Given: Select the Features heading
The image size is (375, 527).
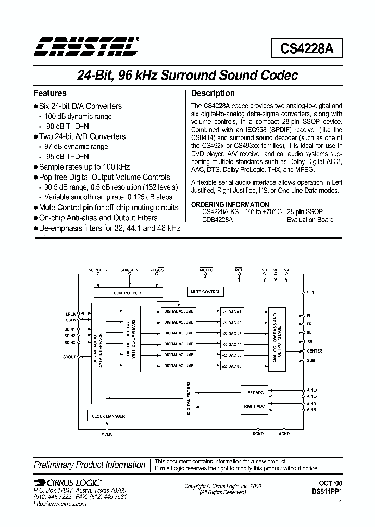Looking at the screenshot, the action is pos(50,93).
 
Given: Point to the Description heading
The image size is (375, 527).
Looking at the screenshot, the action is pos(213,93).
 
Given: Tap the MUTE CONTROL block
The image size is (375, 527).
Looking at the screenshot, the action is pos(205,292).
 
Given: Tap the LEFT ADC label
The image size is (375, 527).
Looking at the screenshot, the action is pos(255,393).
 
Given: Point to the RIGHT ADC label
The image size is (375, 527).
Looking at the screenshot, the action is pos(255,406).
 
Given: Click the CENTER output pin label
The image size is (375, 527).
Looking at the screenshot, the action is pos(315,351).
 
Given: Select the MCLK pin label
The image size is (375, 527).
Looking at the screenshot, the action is pos(106,434).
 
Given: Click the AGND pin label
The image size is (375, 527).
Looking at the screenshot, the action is pos(284,434).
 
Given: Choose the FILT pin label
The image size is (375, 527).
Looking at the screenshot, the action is pos(310,293).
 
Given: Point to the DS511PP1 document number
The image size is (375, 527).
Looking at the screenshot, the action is pos(326,491).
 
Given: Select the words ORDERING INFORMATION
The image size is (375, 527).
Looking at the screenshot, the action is pos(230,204).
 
